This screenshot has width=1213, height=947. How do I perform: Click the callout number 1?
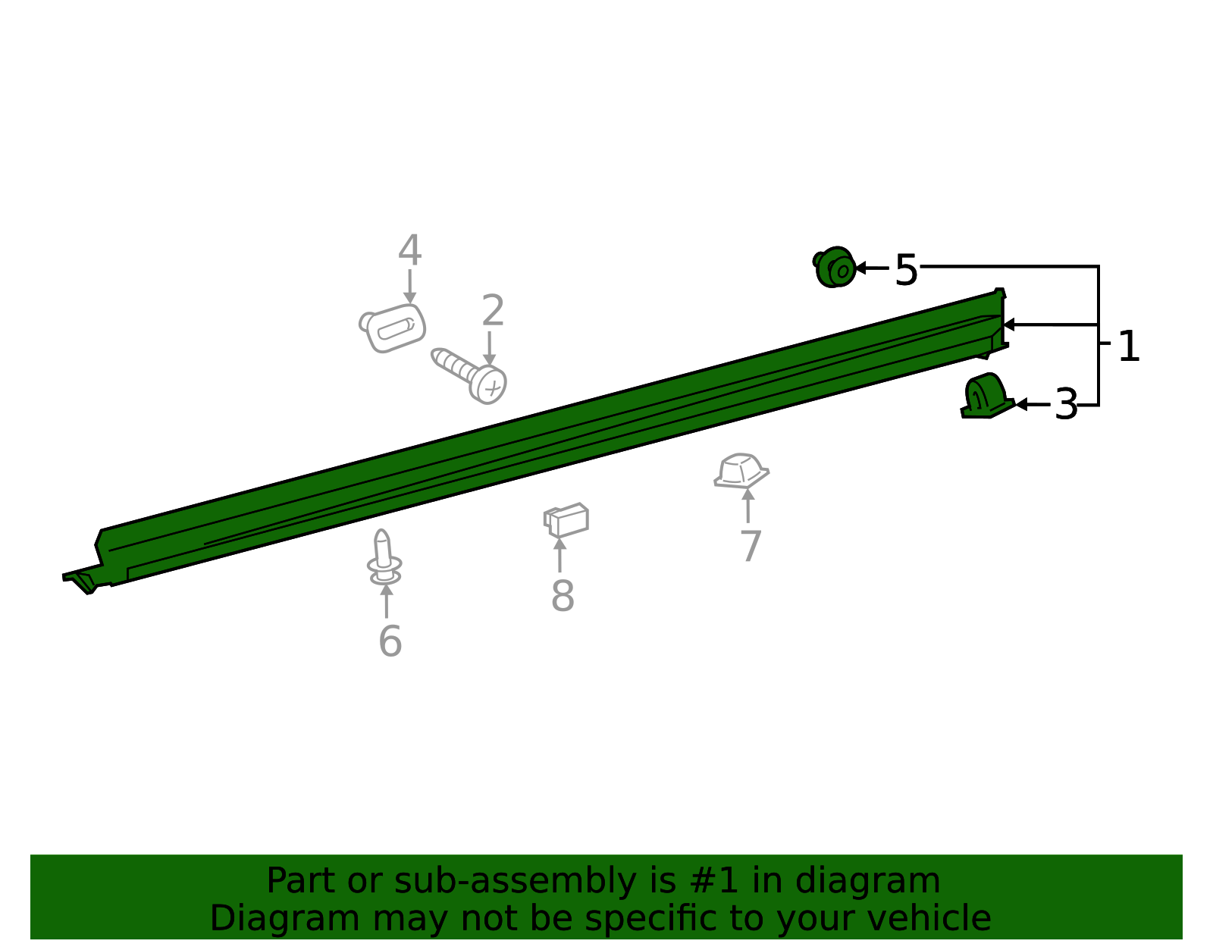pos(1128,346)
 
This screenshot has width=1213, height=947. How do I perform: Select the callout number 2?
pos(493,310)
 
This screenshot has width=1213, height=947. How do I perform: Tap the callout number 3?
pos(1066,405)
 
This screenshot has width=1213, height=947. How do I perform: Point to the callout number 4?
pos(409,250)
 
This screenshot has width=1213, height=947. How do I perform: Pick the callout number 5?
pos(906,270)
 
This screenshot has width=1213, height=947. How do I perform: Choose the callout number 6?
pos(390,641)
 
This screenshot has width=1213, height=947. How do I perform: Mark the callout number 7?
pos(751,546)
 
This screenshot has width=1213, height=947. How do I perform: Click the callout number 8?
pos(563,595)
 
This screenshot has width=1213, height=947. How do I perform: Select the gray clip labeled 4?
pos(393,328)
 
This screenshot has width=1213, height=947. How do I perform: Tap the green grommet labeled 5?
pos(834,267)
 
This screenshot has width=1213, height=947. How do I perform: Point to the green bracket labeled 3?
pos(987,396)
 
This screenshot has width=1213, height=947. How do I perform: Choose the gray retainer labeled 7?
pos(741,470)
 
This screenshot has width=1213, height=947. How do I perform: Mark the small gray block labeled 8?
pos(566,519)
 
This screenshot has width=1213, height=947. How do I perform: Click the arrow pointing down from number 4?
pos(409,287)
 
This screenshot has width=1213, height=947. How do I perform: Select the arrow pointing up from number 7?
pos(748,506)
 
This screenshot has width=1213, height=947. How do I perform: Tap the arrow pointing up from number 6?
pos(387,601)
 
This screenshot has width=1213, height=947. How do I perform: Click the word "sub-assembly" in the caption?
pos(515,882)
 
